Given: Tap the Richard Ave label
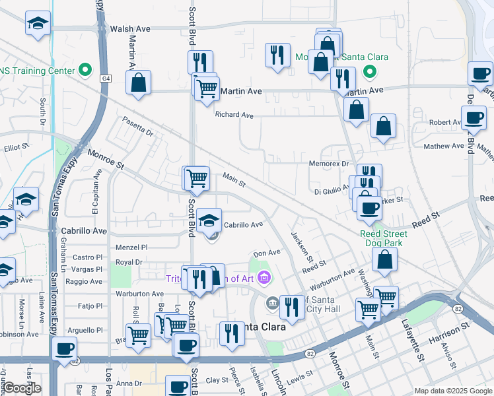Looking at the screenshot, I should click(234, 115).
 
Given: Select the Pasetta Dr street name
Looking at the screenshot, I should click(138, 126).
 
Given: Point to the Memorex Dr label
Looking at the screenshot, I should click(328, 164).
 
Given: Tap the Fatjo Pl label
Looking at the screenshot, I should click(90, 306).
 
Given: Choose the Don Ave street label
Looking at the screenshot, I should click(267, 253).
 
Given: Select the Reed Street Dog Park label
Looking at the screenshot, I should click(384, 238).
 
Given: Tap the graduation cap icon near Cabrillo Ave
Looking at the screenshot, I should click(209, 220).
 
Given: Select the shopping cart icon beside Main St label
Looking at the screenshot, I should click(196, 177).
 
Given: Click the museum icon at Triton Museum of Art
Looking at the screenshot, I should click(265, 277).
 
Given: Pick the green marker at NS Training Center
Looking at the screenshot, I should click(85, 69).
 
